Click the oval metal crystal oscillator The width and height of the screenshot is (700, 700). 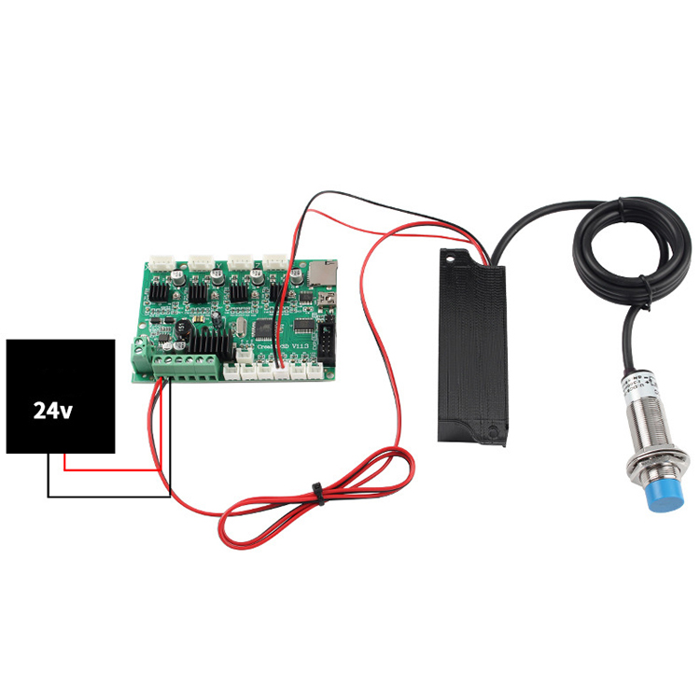coord(245,329)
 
